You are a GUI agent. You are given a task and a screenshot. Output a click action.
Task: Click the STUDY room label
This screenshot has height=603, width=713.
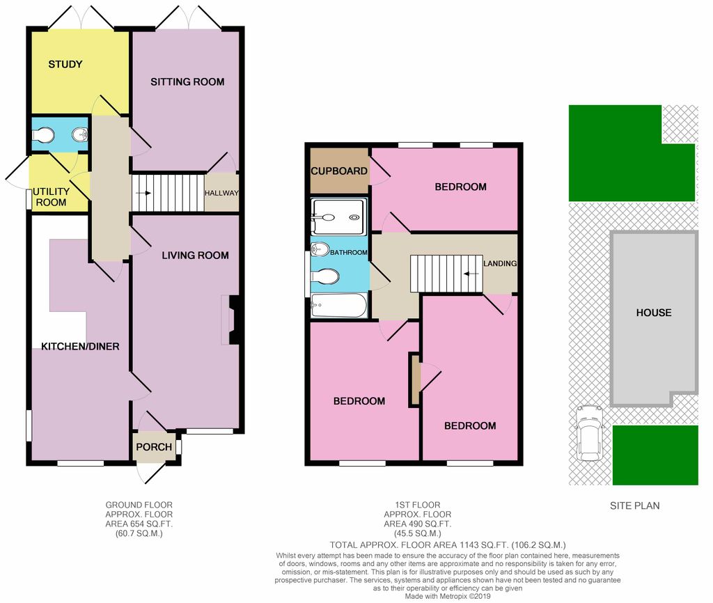(x=65, y=64)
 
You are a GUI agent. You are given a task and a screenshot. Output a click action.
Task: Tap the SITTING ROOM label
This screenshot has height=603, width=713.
(x=187, y=82)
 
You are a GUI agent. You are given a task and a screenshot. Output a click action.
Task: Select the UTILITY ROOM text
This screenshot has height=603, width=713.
(x=51, y=197)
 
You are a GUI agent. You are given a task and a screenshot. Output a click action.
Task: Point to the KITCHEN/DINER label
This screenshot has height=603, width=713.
(x=80, y=347)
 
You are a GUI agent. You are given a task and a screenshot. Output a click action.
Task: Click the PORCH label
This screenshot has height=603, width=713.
(x=154, y=447)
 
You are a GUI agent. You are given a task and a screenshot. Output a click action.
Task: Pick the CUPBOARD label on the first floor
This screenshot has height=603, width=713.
(x=339, y=171)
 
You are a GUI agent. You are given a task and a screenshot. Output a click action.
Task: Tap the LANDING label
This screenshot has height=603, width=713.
(x=500, y=263)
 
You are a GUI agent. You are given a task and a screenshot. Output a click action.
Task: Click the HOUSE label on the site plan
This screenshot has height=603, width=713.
(x=654, y=313)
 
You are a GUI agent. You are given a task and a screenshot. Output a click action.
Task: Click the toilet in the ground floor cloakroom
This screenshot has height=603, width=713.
(x=44, y=135)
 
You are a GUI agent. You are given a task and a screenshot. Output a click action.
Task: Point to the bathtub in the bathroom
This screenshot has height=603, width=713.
(x=339, y=306)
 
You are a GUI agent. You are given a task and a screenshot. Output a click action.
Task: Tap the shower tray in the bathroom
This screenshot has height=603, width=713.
(x=338, y=217)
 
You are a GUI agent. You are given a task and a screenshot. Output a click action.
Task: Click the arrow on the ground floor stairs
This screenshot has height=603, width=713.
(x=143, y=193)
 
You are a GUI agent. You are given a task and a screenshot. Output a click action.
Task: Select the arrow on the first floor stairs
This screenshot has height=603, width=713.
(x=471, y=274)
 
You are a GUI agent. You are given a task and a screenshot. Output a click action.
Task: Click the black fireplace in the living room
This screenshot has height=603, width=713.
(x=234, y=320)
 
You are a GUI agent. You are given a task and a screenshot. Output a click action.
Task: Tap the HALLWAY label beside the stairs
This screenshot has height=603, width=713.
(x=221, y=193)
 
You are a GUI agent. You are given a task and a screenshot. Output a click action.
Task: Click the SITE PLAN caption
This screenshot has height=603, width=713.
(x=635, y=506)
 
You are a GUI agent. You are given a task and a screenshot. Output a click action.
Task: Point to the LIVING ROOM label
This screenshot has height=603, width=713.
(x=195, y=256)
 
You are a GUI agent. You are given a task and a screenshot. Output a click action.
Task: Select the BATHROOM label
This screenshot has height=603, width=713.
(x=349, y=252)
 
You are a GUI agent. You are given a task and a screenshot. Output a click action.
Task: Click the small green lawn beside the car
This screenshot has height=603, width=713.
(x=655, y=455)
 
